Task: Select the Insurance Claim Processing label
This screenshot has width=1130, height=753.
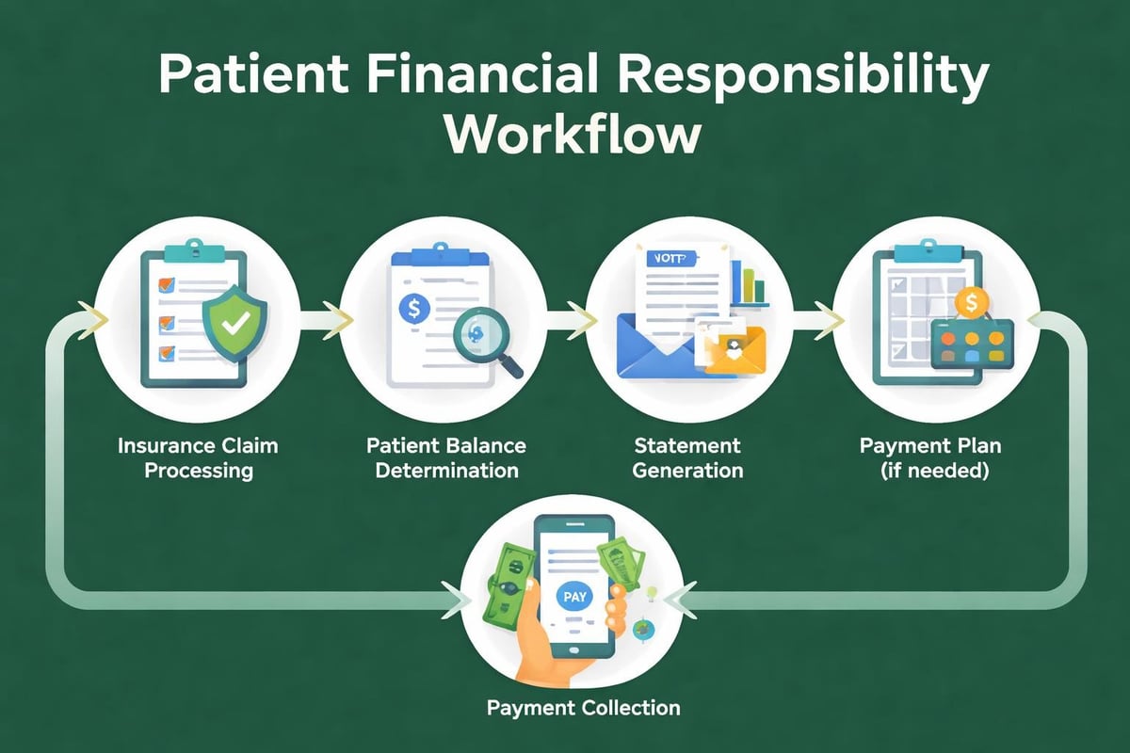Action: click(x=198, y=457)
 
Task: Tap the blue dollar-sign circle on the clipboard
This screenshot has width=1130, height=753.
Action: click(x=413, y=307)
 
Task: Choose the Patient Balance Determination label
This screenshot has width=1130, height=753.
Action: click(x=450, y=457)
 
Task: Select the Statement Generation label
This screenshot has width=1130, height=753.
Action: click(x=687, y=457)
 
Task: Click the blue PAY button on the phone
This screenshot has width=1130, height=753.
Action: click(x=572, y=597)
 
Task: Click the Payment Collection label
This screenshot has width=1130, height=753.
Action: click(x=583, y=707)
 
